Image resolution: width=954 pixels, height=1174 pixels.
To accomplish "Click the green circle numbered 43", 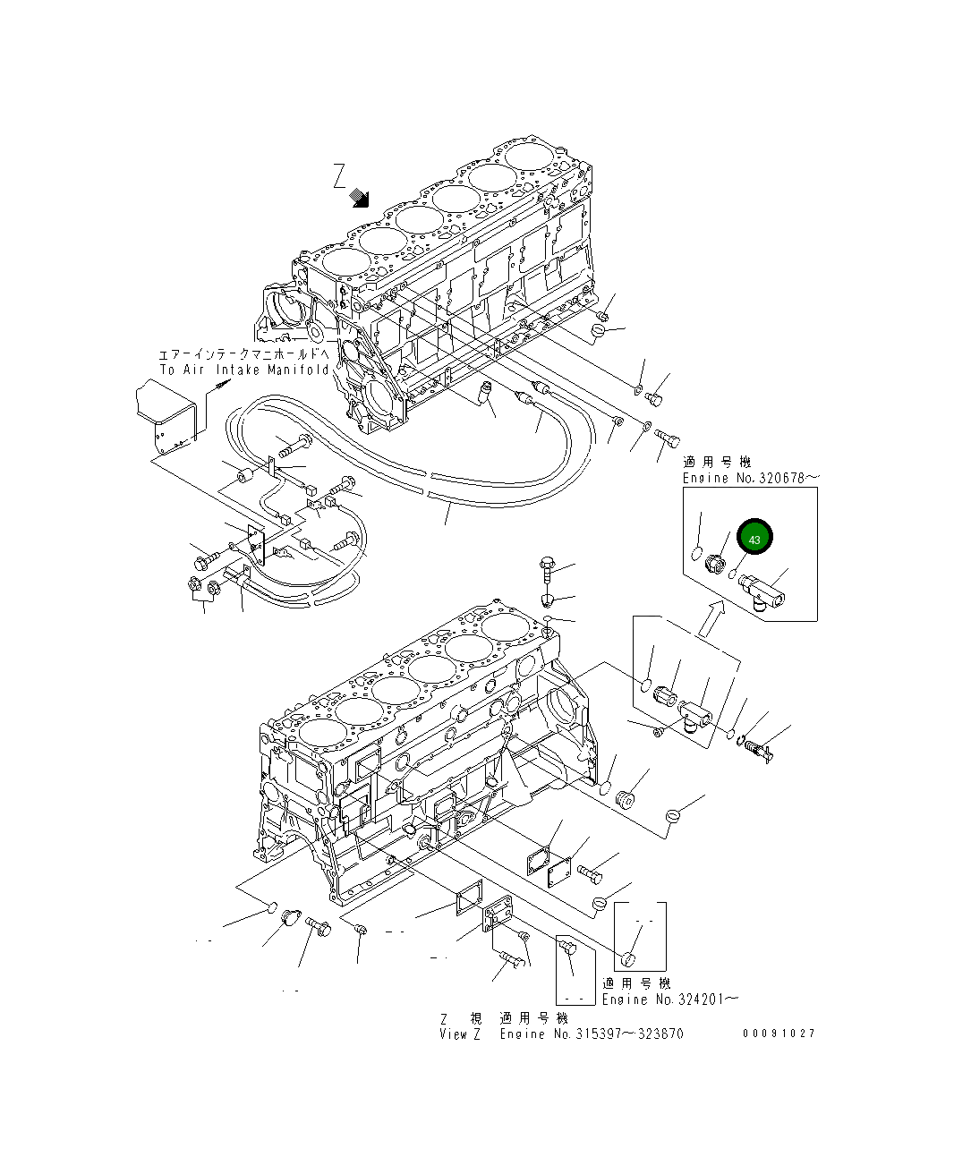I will (x=754, y=539).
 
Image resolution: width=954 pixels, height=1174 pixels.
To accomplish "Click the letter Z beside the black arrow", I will (x=339, y=174).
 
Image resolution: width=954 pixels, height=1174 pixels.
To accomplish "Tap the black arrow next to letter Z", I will (x=361, y=198).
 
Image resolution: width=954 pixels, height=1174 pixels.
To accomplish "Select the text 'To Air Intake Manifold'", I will (x=244, y=370).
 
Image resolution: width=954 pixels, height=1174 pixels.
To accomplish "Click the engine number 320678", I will (x=782, y=479).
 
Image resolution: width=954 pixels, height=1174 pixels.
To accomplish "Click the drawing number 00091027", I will (x=779, y=1033).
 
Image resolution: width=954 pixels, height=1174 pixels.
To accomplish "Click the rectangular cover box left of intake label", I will (x=167, y=413).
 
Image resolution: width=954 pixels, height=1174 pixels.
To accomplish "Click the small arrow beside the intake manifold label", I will (x=219, y=386).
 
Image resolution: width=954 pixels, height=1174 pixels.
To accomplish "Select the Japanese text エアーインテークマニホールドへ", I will (x=243, y=355).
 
